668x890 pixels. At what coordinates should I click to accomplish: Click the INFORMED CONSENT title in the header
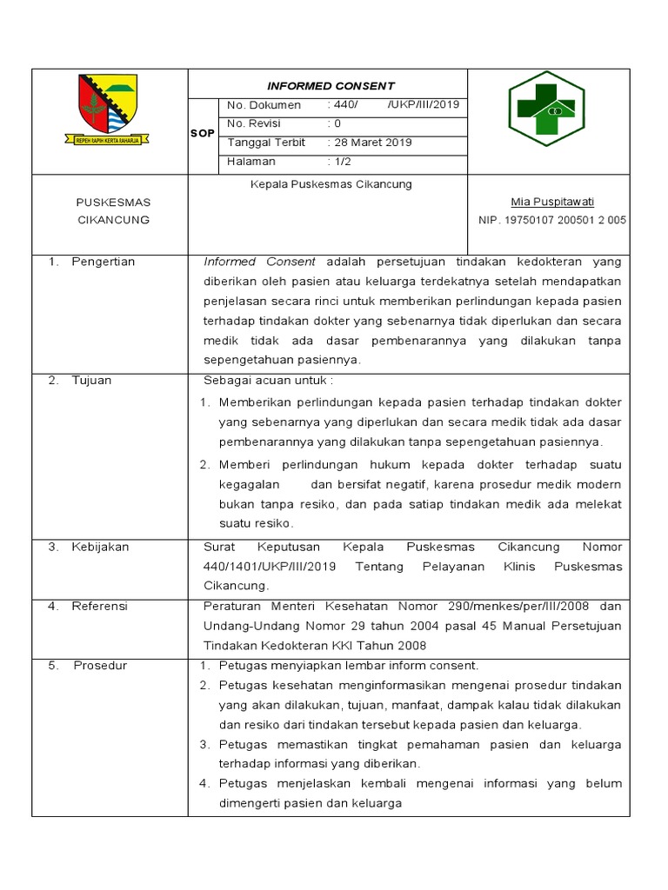pyautogui.click(x=331, y=86)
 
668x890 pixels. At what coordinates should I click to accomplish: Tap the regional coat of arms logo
pyautogui.click(x=107, y=109)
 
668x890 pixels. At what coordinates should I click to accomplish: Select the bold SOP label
pyautogui.click(x=202, y=133)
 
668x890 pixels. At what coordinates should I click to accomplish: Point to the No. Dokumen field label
pyautogui.click(x=264, y=105)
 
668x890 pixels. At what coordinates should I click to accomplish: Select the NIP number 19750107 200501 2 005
pyautogui.click(x=552, y=221)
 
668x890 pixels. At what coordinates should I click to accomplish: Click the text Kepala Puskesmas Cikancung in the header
pyautogui.click(x=331, y=184)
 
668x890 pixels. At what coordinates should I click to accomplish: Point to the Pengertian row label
pyautogui.click(x=104, y=262)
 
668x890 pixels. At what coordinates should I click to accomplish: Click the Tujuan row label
pyautogui.click(x=91, y=380)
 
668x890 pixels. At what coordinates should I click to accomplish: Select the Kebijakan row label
pyautogui.click(x=100, y=547)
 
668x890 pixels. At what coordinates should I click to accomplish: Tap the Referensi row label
pyautogui.click(x=99, y=606)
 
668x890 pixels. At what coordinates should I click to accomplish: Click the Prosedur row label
pyautogui.click(x=100, y=666)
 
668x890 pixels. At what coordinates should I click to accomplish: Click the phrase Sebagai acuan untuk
pyautogui.click(x=267, y=380)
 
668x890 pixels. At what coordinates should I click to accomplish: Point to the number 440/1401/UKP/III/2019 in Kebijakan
pyautogui.click(x=270, y=567)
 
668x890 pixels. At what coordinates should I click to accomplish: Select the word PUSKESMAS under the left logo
pyautogui.click(x=113, y=203)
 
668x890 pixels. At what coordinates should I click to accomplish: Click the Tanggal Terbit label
pyautogui.click(x=266, y=143)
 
